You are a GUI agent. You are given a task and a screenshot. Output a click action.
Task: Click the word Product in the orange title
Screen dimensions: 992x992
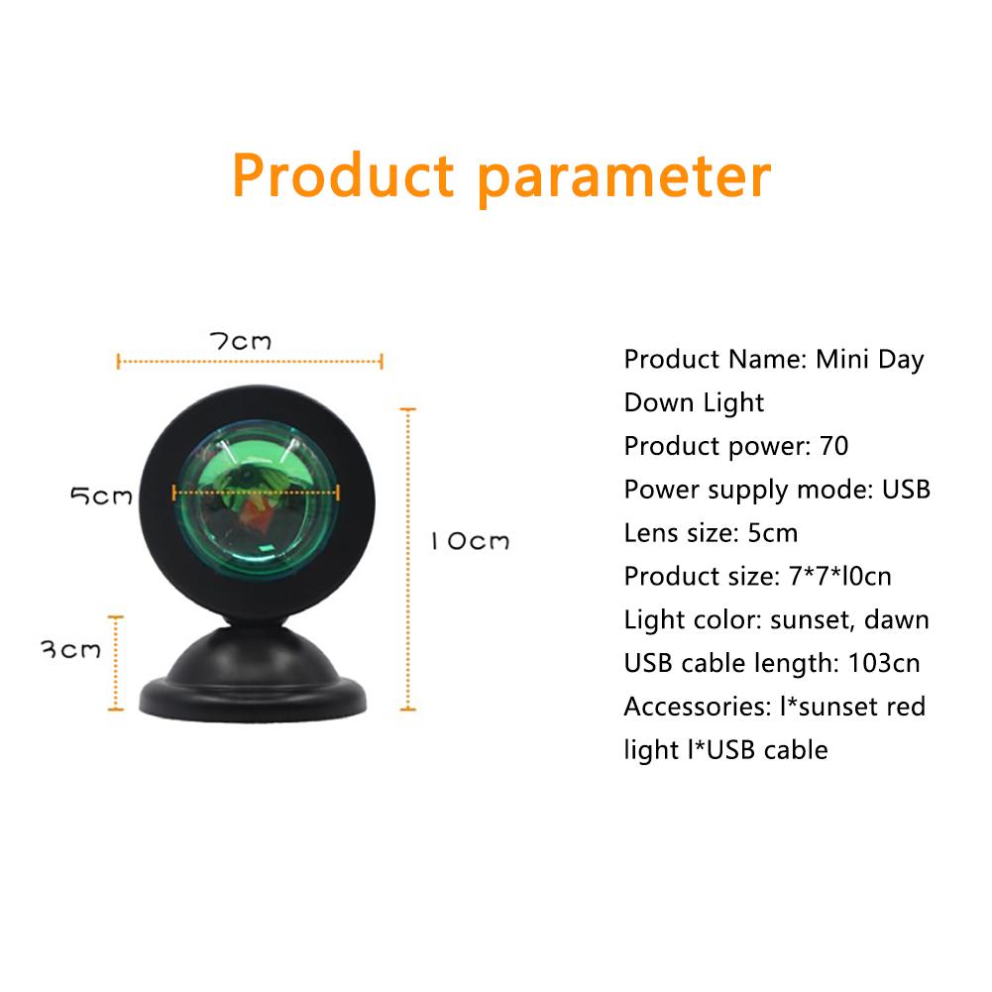tap(343, 175)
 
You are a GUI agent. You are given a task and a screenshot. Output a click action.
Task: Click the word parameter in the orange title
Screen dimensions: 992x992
tap(624, 180)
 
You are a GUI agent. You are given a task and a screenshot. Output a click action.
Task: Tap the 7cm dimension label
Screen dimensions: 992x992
tap(241, 342)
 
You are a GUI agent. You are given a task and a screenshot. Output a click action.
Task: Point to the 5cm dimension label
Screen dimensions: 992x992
tap(101, 496)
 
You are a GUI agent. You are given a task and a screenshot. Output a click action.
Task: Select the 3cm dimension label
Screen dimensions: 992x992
tap(70, 650)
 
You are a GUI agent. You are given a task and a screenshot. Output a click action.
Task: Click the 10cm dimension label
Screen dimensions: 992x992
tap(470, 541)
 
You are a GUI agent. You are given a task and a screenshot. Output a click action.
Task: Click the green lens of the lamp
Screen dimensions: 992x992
tap(257, 499)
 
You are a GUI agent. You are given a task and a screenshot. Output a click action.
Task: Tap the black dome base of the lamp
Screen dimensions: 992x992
tap(253, 677)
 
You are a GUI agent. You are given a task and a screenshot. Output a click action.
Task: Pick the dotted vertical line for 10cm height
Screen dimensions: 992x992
tap(408, 559)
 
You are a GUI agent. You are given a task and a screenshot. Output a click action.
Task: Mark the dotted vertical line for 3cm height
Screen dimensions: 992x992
tap(116, 663)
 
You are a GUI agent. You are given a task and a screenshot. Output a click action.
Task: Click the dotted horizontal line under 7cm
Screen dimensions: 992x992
tap(250, 362)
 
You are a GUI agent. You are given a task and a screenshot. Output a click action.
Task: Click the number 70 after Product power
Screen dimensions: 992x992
tap(833, 446)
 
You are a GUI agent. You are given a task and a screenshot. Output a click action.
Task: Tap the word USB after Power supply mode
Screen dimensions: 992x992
tap(906, 489)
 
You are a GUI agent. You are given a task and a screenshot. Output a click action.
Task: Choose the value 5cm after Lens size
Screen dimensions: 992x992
tap(772, 533)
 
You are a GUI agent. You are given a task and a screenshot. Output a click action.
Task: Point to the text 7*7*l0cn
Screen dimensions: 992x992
tap(840, 577)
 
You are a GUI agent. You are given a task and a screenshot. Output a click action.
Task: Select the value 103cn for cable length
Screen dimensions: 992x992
tap(884, 663)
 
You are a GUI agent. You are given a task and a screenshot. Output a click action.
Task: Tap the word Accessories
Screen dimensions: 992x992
tap(698, 707)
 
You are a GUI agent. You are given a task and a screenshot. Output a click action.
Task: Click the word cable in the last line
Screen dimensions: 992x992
tap(796, 749)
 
